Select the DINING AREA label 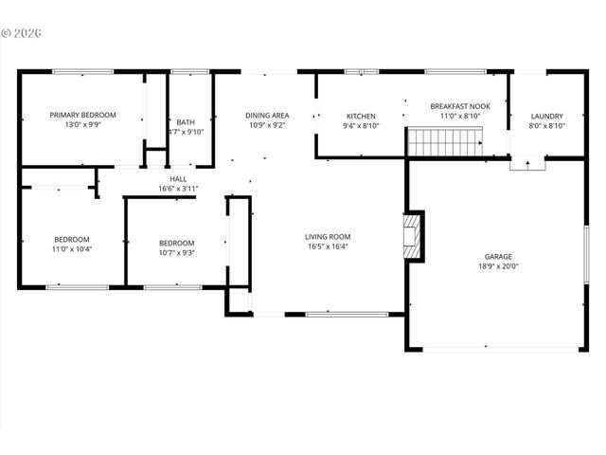(266, 114)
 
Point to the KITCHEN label (361, 116)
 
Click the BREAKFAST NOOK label (459, 105)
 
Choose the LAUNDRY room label (547, 116)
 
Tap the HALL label (178, 178)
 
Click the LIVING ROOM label (328, 237)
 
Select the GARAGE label (498, 257)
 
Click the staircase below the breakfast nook (444, 143)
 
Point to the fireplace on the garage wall (412, 235)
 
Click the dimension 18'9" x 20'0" (498, 267)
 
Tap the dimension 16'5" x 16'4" (328, 247)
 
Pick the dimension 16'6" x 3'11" (178, 189)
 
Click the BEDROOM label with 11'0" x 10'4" (71, 239)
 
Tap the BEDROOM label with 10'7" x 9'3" (176, 242)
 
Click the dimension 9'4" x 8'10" (361, 125)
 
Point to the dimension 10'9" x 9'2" (266, 124)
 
